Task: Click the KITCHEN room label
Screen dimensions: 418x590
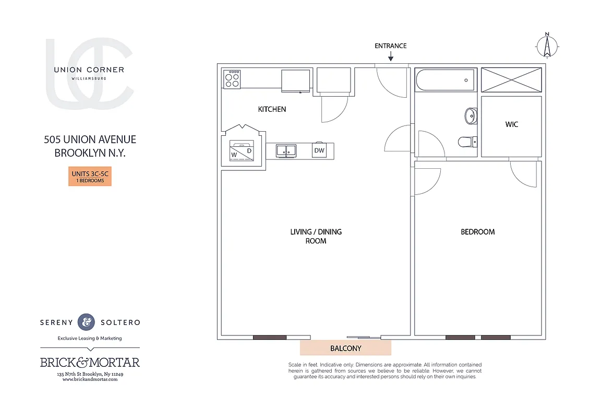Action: [272, 109]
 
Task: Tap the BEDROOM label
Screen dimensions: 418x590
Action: [477, 231]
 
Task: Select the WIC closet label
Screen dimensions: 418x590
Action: [512, 124]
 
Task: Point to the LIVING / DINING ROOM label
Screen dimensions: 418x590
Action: [316, 236]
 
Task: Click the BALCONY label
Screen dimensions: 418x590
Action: [345, 348]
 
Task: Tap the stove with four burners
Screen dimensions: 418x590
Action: [232, 79]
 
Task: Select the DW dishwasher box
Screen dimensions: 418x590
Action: [319, 150]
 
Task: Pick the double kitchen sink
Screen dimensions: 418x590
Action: [286, 150]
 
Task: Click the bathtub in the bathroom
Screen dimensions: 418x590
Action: [445, 80]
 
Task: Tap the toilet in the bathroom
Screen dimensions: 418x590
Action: [465, 142]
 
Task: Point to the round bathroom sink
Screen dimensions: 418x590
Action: [471, 115]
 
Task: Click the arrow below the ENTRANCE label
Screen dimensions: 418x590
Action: [391, 55]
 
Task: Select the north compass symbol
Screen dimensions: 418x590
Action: [547, 46]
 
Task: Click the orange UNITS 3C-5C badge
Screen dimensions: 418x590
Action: [90, 177]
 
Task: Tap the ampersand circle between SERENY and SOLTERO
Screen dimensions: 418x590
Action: [86, 322]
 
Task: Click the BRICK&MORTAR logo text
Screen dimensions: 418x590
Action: [90, 362]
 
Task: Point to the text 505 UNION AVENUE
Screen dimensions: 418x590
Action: [90, 140]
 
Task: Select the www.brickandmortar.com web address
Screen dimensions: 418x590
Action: [90, 379]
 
